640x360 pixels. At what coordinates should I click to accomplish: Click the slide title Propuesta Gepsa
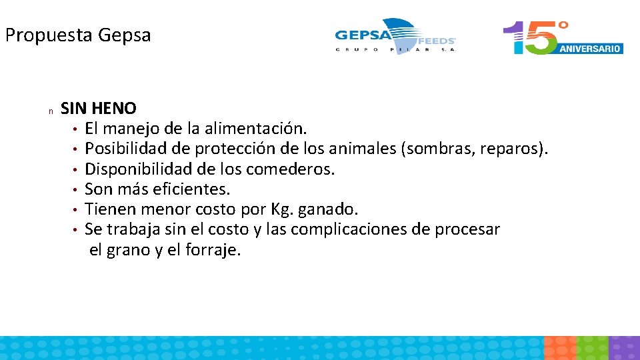[x=78, y=35]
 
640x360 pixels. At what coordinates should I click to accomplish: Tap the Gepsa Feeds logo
[x=395, y=36]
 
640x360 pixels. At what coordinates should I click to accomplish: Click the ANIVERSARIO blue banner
[x=591, y=48]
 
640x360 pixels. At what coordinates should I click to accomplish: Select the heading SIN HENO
[x=99, y=108]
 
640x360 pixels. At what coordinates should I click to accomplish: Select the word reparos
[x=513, y=148]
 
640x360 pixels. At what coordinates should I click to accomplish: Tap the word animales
[x=364, y=148]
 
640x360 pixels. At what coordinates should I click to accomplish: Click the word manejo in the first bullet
[x=135, y=128]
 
